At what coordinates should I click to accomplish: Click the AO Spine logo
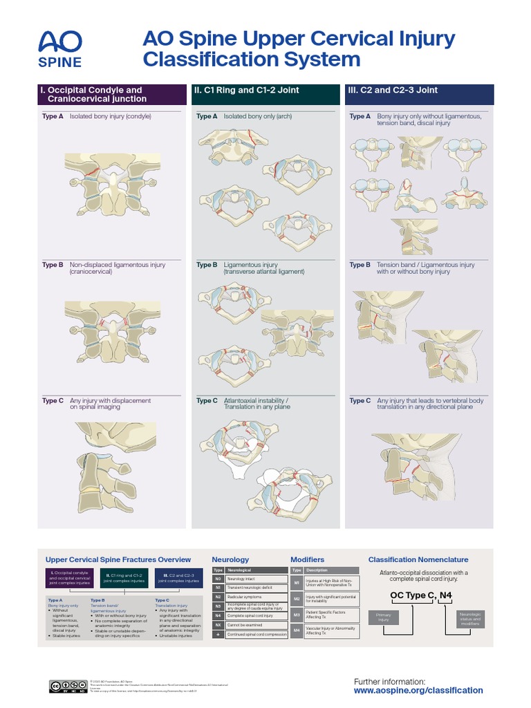pos(60,48)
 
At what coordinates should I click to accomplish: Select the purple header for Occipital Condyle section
pos(111,95)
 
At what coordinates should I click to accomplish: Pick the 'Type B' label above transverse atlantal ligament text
pos(207,265)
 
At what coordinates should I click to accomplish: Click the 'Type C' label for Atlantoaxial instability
pos(207,401)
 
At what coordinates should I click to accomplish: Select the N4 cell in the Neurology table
pos(218,615)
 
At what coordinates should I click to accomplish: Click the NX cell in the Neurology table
pos(218,624)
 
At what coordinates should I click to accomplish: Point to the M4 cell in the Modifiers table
pos(297,630)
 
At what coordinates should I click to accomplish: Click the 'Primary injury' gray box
pos(384,617)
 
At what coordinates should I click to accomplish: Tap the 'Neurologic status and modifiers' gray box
pos(471,619)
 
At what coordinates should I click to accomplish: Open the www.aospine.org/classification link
pos(418,691)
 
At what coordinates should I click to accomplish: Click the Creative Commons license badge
pos(67,686)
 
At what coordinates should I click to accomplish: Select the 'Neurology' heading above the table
pos(230,559)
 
